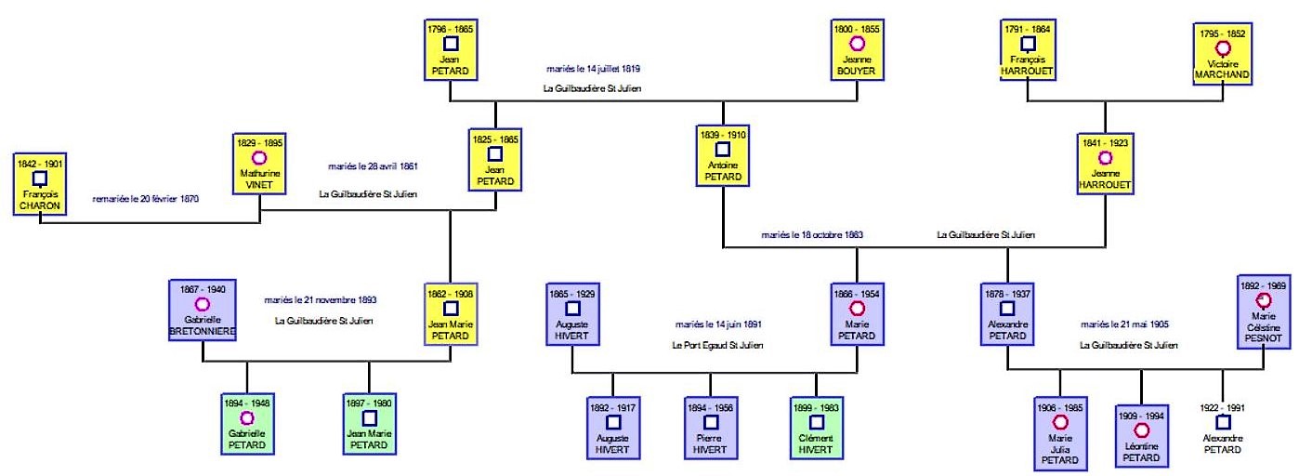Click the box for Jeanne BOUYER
[x=857, y=52]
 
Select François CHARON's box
[x=39, y=185]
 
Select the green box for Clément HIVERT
[x=816, y=429]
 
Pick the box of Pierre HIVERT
[x=711, y=429]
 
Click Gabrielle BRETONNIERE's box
[x=202, y=312]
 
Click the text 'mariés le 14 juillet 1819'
[x=594, y=69]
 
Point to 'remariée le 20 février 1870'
[x=146, y=199]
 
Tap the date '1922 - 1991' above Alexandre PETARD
[x=1222, y=407]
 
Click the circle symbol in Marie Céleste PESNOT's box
[x=1264, y=300]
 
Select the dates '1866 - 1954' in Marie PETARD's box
[x=857, y=293]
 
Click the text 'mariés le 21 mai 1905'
[x=1124, y=324]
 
